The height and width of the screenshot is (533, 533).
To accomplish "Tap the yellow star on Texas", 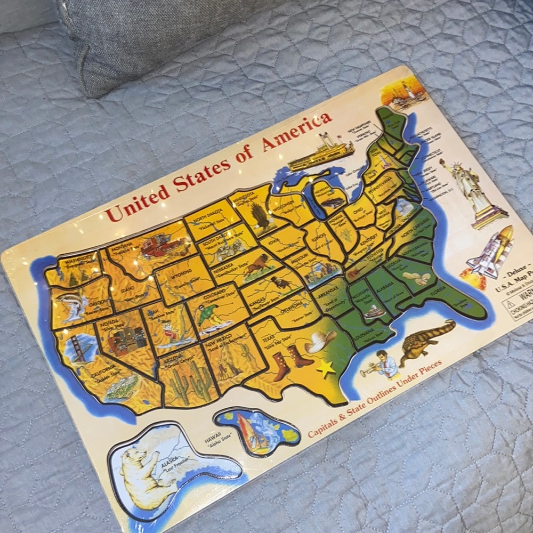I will pos(326,368).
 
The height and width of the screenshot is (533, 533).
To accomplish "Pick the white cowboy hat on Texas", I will pos(321,341).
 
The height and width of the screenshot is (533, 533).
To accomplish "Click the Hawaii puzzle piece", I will pos(259,431).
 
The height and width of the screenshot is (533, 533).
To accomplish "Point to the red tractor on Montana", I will pos(163,246).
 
